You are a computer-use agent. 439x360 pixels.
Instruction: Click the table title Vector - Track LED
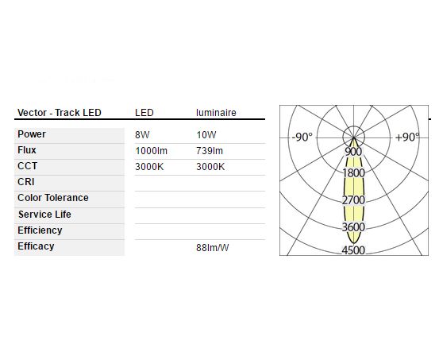[59, 113]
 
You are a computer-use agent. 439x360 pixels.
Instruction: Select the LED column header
[144, 113]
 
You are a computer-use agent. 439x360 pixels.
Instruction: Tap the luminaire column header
[216, 113]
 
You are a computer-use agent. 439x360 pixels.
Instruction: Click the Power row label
[32, 134]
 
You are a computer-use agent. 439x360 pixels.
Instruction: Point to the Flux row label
[27, 150]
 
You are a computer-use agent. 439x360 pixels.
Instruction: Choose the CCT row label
[28, 166]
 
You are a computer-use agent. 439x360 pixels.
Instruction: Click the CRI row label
[26, 182]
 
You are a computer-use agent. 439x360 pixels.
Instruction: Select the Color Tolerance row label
[53, 198]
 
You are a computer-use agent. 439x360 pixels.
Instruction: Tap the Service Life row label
[44, 215]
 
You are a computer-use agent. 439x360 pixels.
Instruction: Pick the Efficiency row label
[40, 230]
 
